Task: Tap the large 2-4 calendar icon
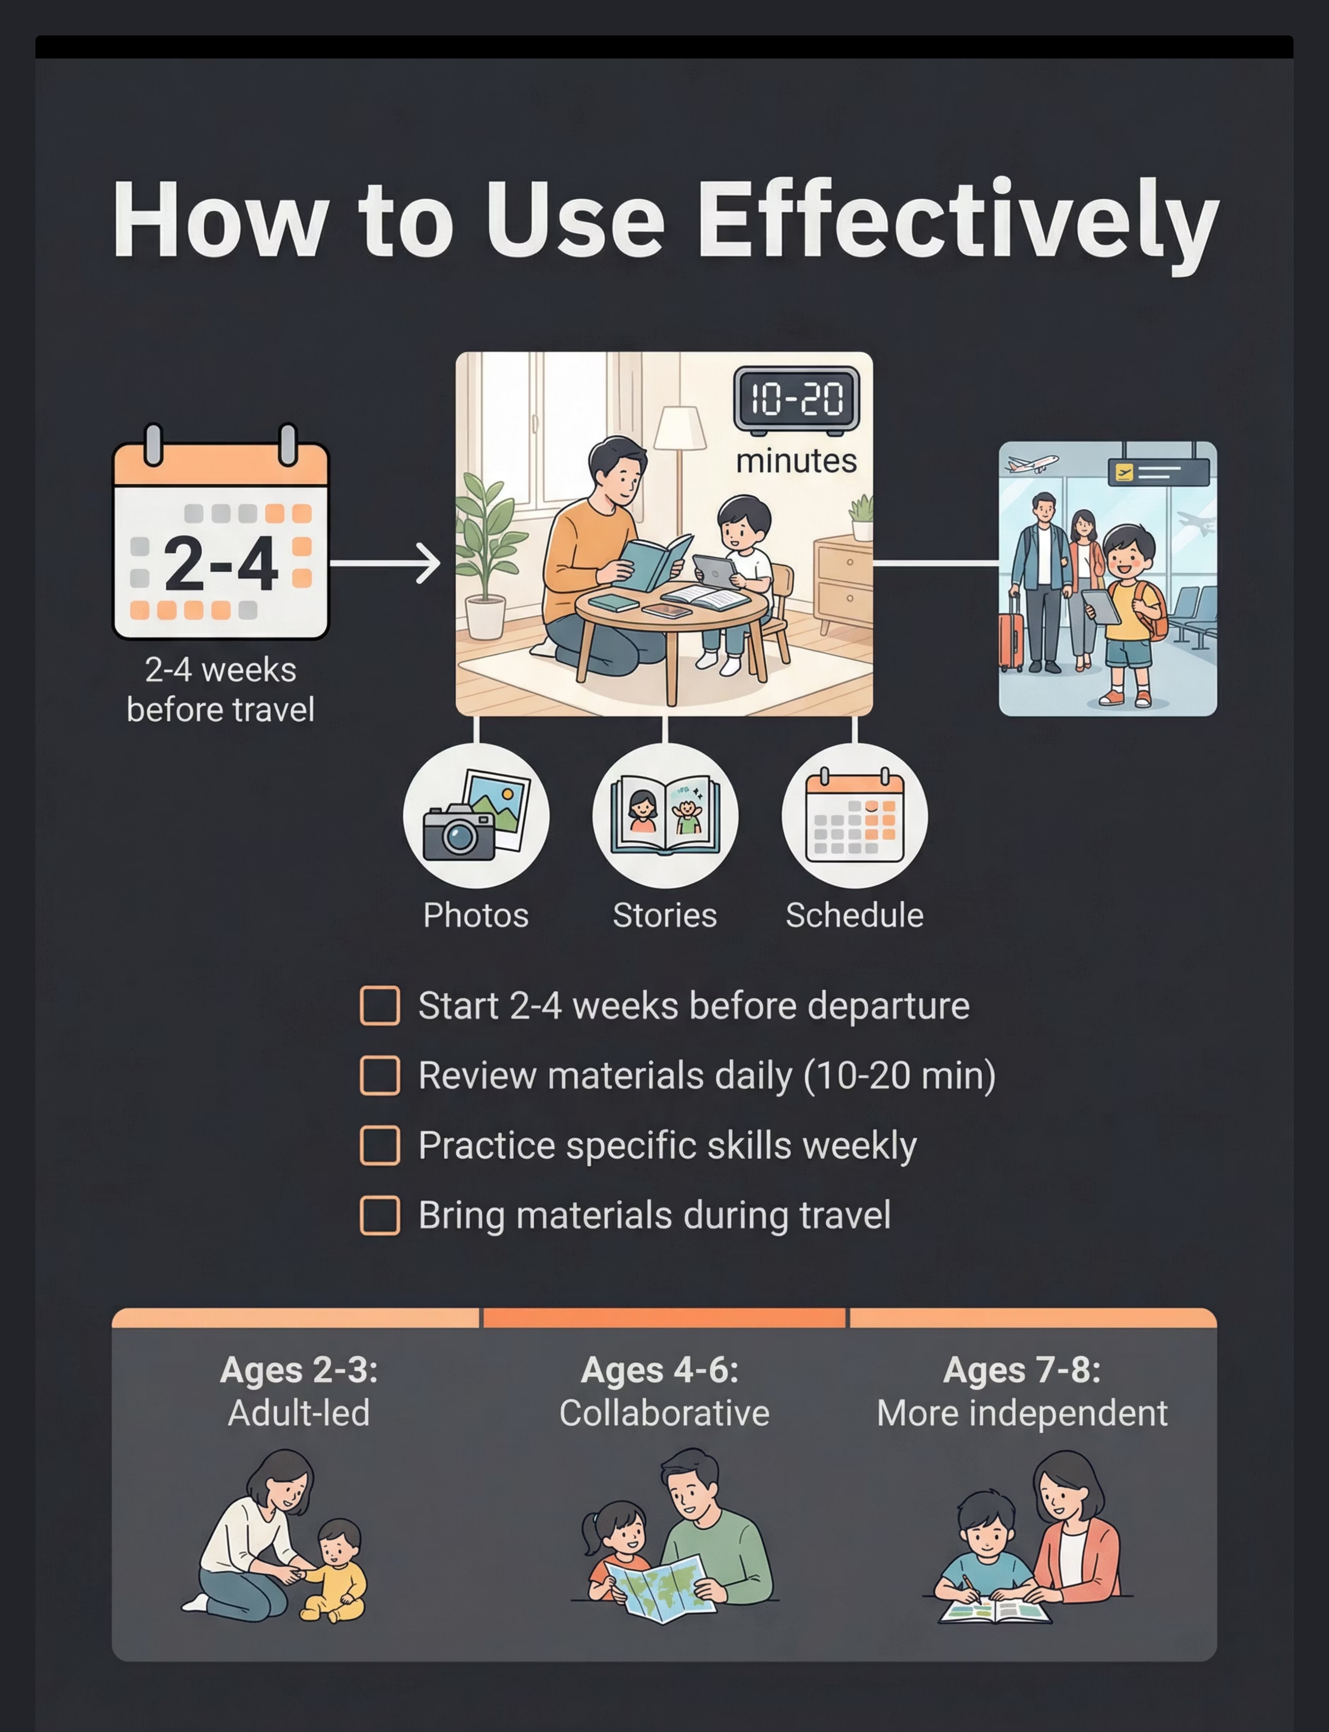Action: (221, 532)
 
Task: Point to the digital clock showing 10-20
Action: (797, 398)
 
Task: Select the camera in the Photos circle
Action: (459, 832)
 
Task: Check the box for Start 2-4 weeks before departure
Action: (380, 1005)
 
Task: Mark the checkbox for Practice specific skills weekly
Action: (380, 1145)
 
